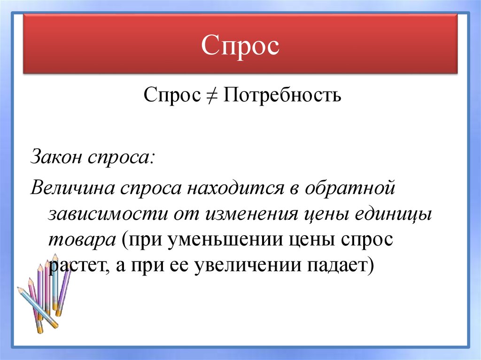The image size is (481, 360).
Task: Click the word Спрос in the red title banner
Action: pyautogui.click(x=240, y=46)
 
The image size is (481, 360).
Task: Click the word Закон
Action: pyautogui.click(x=56, y=157)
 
